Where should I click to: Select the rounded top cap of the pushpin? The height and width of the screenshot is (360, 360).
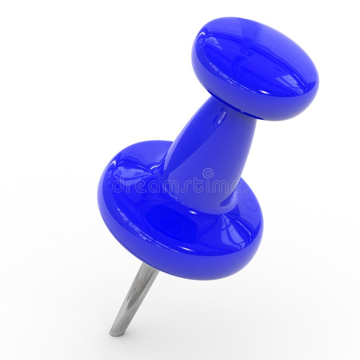[x=255, y=67]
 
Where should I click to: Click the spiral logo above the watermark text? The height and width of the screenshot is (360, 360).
[x=208, y=173]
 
